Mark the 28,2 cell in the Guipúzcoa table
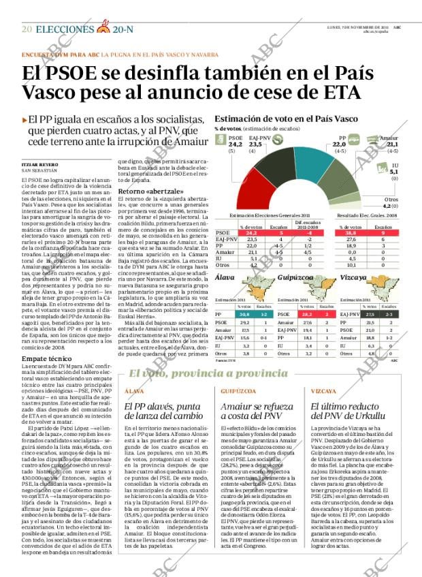307,314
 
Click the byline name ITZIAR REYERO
37,165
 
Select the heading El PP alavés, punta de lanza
163,411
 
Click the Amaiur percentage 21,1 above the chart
392,144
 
